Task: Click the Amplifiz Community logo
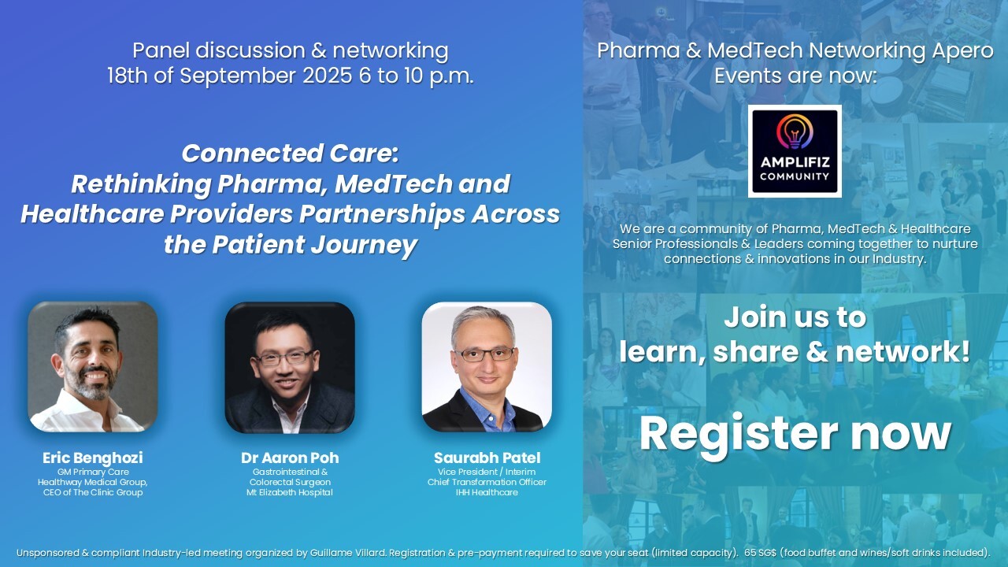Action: click(x=795, y=151)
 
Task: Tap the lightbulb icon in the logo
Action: click(x=795, y=131)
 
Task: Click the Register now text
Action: click(x=795, y=432)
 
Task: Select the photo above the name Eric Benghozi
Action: click(x=93, y=366)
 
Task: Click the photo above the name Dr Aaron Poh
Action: click(x=290, y=367)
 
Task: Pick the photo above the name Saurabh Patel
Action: click(x=487, y=366)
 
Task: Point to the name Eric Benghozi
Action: click(x=93, y=458)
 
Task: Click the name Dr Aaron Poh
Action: click(x=290, y=458)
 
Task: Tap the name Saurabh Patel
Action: click(x=487, y=458)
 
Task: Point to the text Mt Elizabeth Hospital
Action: click(x=290, y=492)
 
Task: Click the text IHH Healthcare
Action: click(x=487, y=492)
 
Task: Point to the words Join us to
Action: click(x=795, y=317)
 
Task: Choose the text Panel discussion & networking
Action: click(x=290, y=51)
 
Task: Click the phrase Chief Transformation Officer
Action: click(x=487, y=482)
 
